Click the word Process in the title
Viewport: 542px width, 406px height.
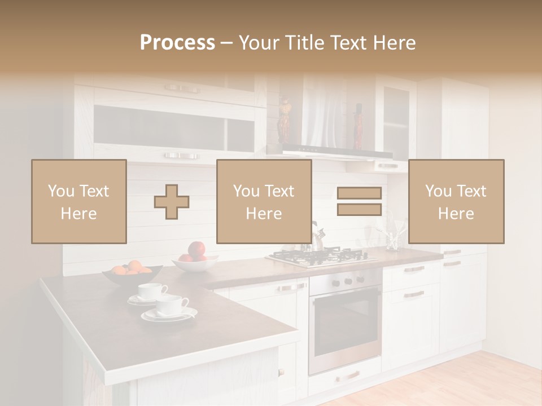177,43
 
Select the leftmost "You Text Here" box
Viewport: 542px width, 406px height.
79,201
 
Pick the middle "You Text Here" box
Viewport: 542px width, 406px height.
264,201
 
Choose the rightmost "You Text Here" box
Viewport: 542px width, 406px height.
456,201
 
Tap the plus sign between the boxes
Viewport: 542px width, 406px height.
172,202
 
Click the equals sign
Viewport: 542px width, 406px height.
359,201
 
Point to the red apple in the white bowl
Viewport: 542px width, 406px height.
196,250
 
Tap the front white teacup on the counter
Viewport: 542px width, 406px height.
172,307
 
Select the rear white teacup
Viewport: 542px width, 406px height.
151,292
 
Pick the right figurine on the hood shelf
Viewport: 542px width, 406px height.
358,125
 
